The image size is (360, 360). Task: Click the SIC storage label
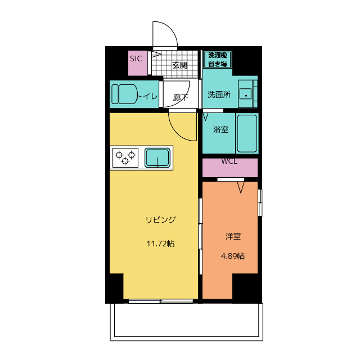[x=136, y=58]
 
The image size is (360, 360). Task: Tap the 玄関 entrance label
[x=179, y=65]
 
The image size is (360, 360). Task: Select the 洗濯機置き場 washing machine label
[x=217, y=59]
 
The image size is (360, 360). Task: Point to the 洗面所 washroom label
[x=219, y=94]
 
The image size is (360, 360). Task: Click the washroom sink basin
[x=246, y=93]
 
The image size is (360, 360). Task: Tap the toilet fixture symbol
[x=125, y=94]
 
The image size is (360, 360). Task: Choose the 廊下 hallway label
[x=180, y=97]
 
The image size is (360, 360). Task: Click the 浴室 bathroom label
[x=220, y=129]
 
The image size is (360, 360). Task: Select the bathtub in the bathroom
[x=247, y=133]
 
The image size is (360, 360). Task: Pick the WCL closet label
[x=229, y=161]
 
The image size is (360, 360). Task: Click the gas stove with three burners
[x=125, y=157]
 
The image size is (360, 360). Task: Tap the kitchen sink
[x=158, y=157]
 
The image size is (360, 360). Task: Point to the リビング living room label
[x=160, y=219]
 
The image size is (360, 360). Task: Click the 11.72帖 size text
[x=160, y=244]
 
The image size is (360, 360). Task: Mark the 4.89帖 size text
[x=232, y=256]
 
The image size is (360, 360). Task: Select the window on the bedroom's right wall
[x=259, y=202]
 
